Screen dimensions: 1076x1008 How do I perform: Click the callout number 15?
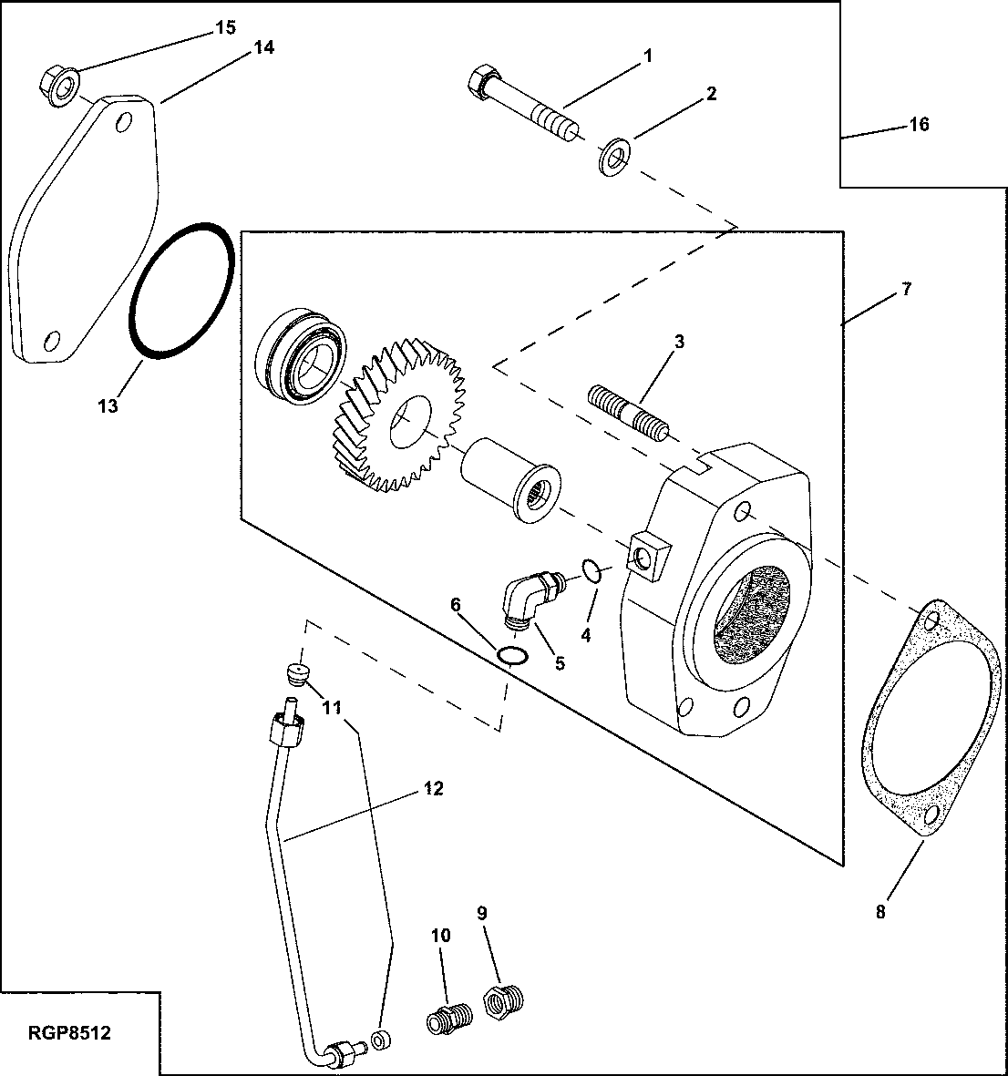(225, 28)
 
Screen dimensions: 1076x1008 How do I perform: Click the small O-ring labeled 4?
(591, 571)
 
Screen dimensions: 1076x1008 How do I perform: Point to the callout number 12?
(434, 788)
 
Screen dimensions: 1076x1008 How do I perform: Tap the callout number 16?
(919, 125)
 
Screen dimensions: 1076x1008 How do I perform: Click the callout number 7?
(906, 289)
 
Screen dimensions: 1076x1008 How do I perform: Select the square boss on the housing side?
(651, 555)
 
